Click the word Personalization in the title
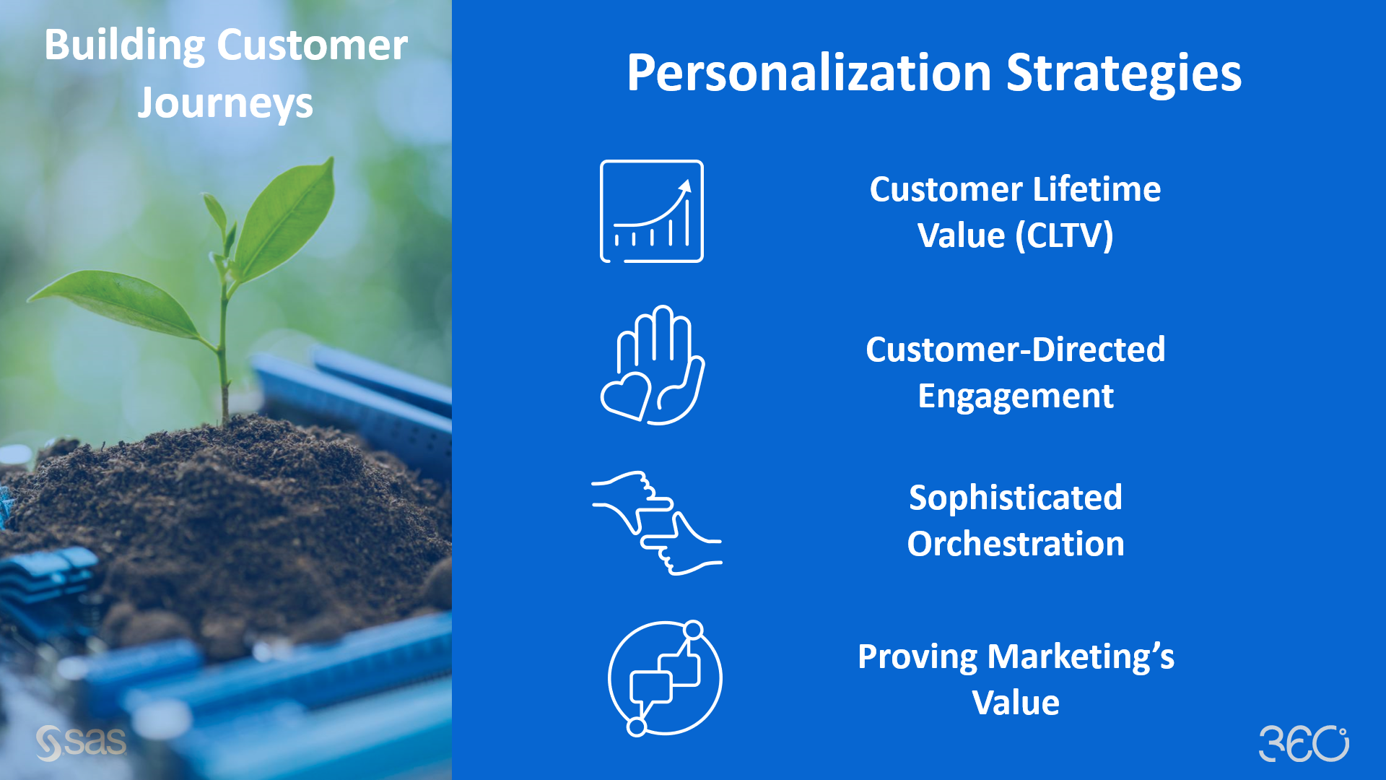[x=808, y=74]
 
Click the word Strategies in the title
[x=1123, y=74]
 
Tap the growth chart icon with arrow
[x=652, y=211]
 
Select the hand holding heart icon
[x=652, y=365]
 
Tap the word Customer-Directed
[x=1015, y=350]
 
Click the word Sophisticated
[x=1015, y=498]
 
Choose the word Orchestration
[x=1015, y=545]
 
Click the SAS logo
[x=81, y=743]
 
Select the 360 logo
[x=1304, y=743]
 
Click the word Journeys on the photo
[x=225, y=103]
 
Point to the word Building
[x=124, y=45]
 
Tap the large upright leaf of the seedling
[x=289, y=217]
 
